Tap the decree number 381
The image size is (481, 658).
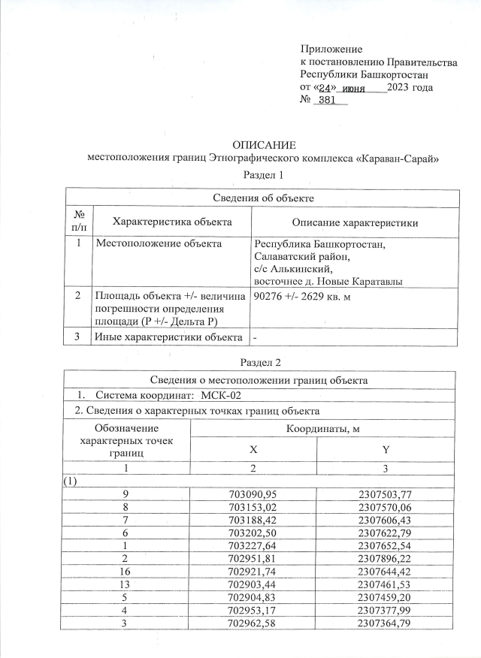coord(327,101)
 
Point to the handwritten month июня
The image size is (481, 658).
coord(353,88)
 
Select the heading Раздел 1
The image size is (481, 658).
coord(263,175)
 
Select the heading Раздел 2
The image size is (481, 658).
coord(263,363)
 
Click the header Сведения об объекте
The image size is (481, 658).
coord(262,198)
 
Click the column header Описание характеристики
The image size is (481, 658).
coord(354,222)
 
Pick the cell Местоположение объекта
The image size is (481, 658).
coord(158,244)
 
